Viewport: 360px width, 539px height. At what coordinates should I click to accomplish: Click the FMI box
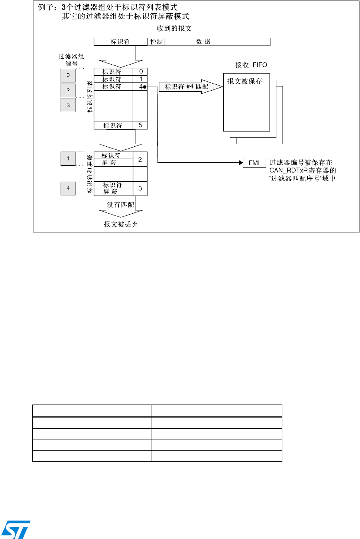coord(254,163)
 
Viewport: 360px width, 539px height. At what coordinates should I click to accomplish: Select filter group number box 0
coord(68,75)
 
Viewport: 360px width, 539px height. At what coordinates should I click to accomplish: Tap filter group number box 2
coord(68,90)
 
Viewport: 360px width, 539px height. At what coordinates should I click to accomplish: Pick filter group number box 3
coord(68,105)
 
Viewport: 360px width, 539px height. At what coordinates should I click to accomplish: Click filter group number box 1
coord(68,159)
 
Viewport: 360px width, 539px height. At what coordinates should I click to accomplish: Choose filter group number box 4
coord(68,188)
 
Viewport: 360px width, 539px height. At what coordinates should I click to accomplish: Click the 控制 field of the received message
coord(156,42)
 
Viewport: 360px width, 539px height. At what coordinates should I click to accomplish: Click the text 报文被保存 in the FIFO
coord(244,81)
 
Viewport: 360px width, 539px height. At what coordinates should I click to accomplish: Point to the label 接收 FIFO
coord(251,65)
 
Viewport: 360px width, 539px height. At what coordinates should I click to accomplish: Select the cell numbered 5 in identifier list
coord(140,126)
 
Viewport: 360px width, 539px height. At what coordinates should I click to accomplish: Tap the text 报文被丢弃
coord(121,224)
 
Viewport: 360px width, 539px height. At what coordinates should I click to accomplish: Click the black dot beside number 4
coord(145,87)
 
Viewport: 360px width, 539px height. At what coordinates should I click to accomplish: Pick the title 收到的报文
coord(174,29)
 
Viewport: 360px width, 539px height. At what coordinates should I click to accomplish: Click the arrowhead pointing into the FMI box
coord(241,163)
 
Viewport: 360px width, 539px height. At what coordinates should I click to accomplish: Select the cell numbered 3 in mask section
coord(140,188)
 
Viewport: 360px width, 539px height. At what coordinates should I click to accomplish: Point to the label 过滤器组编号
coord(71,60)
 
